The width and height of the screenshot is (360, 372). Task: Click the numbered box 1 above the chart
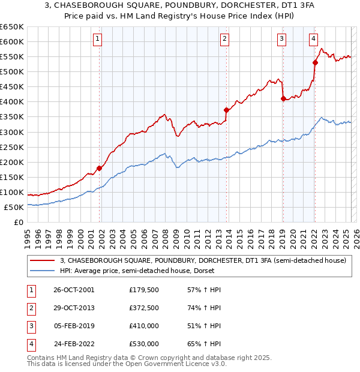coord(98,40)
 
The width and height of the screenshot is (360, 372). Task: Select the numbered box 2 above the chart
coord(224,40)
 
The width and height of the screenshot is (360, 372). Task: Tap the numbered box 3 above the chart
coord(281,40)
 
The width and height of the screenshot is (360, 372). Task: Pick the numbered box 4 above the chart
coord(313,40)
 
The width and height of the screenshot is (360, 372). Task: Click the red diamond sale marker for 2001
coord(100,169)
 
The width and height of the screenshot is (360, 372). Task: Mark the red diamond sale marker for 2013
coord(226,110)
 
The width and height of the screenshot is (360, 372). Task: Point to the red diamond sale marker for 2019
coord(283,99)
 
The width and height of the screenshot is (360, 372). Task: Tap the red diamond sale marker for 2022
coord(315,62)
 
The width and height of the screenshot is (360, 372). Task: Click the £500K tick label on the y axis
coord(11,71)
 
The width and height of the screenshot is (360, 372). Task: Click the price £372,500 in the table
coord(143,308)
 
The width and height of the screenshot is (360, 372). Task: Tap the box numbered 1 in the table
coord(29,290)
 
